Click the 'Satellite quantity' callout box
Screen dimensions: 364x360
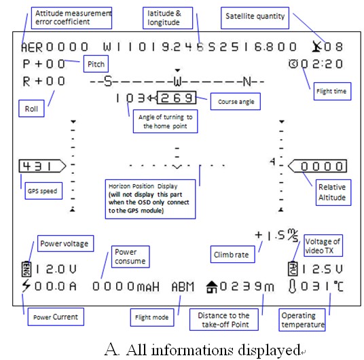point(255,18)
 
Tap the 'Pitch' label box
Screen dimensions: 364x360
point(96,64)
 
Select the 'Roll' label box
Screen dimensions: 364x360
point(31,109)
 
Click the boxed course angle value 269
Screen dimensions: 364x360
point(177,98)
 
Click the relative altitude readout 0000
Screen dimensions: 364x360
point(317,166)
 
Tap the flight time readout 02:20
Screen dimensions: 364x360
point(316,64)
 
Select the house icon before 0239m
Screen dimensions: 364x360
point(212,287)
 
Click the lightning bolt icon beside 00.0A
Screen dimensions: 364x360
point(26,286)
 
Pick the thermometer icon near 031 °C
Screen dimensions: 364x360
point(292,286)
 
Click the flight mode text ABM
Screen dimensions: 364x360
point(183,287)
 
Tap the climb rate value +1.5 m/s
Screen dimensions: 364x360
point(276,236)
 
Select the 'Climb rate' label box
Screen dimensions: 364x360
point(233,254)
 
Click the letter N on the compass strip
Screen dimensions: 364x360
point(247,82)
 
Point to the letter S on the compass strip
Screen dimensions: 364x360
point(108,82)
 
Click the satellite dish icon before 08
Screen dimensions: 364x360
point(316,46)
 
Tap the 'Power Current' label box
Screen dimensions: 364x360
point(56,317)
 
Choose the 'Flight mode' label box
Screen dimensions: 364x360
point(152,317)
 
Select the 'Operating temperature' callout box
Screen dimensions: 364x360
point(302,320)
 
